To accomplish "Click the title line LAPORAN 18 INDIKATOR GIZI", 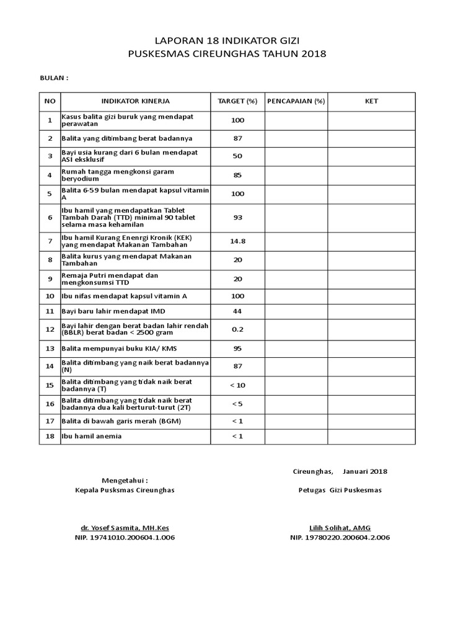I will [x=226, y=40].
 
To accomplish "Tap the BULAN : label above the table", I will [x=54, y=78].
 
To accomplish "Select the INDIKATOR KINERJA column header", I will [x=135, y=101].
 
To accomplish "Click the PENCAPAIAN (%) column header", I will [x=296, y=101].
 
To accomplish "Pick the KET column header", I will [x=371, y=101].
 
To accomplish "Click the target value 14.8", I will [x=237, y=241].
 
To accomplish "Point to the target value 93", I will [x=237, y=218].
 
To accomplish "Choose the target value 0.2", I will [x=237, y=329].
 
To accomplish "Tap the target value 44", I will [x=237, y=311].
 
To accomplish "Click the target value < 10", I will [x=237, y=385].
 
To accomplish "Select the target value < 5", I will [x=237, y=404].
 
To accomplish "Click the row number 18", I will [x=50, y=436].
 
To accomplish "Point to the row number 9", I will [x=50, y=278].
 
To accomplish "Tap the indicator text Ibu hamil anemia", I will [x=92, y=436].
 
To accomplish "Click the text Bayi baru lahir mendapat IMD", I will [x=113, y=311].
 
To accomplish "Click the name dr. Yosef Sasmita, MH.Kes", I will [x=125, y=527].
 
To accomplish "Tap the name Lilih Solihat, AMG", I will [x=339, y=527].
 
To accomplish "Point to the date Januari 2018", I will [x=364, y=471].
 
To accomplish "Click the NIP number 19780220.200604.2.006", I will [x=340, y=538].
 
